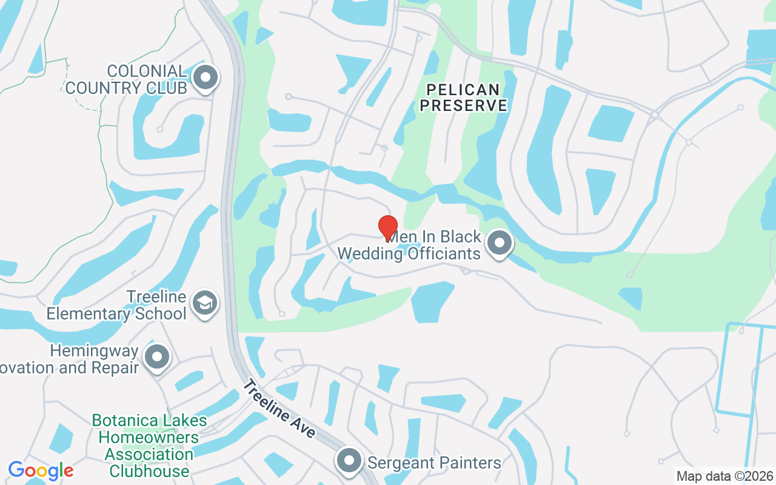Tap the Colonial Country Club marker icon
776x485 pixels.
[206, 78]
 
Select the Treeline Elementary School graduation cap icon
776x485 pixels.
[204, 303]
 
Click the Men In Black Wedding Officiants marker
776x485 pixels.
[499, 243]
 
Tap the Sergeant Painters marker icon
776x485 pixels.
[349, 461]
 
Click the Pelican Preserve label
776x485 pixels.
[464, 98]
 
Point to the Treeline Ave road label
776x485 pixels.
[281, 408]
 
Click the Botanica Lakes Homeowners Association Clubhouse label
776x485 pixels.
[149, 446]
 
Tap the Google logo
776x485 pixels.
[41, 470]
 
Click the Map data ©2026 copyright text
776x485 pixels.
[724, 476]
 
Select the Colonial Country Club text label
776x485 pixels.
[125, 79]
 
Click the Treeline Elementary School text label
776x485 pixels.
[116, 305]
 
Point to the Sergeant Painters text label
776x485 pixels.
[434, 463]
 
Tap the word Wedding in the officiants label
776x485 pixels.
[370, 253]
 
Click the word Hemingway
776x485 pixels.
[94, 351]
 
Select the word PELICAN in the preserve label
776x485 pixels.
[464, 90]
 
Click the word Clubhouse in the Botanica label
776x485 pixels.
[149, 471]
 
